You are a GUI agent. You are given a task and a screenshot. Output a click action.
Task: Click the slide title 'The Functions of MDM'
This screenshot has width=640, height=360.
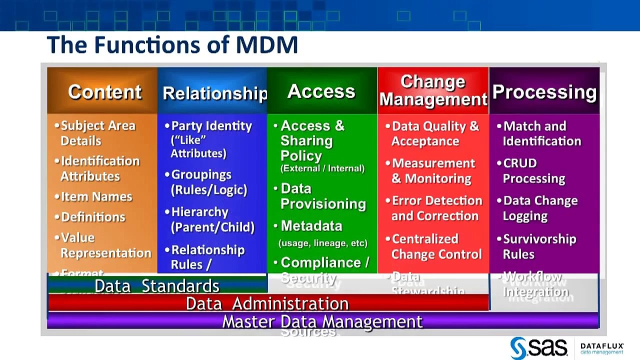(x=172, y=45)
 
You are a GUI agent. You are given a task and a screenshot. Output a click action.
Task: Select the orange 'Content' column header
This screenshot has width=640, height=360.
(x=104, y=92)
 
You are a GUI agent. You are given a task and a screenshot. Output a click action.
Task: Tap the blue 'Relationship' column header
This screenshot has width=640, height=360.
(x=214, y=93)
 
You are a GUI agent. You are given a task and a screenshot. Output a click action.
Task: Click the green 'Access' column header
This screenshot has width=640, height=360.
(x=321, y=91)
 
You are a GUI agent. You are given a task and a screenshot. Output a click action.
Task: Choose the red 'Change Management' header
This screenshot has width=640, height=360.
(x=433, y=90)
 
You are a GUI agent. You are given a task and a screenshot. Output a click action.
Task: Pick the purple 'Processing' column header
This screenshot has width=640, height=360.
(x=544, y=92)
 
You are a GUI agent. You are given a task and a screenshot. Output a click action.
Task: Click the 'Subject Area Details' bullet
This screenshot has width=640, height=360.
(x=97, y=133)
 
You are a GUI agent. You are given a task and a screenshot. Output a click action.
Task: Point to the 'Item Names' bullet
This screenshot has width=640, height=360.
(x=96, y=196)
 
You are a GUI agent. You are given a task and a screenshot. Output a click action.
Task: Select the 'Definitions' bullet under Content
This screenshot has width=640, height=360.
(x=93, y=217)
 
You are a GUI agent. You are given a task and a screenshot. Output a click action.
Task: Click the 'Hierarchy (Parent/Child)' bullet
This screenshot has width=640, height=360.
(x=212, y=219)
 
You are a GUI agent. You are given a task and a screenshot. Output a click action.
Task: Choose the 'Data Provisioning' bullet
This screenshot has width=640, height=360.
(x=322, y=196)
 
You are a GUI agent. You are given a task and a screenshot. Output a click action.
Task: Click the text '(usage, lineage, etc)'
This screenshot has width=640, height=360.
(x=322, y=243)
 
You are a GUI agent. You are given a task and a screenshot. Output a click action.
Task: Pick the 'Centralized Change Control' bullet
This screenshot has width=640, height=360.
(x=436, y=246)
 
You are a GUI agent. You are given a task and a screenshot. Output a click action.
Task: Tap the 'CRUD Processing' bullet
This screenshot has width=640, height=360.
(x=533, y=171)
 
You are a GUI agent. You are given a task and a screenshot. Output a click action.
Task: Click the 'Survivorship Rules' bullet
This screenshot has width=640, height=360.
(x=539, y=246)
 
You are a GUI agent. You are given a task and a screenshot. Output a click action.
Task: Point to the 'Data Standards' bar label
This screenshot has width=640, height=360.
(x=157, y=286)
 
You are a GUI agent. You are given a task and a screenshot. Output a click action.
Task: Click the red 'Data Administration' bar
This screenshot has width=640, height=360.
(x=267, y=303)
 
